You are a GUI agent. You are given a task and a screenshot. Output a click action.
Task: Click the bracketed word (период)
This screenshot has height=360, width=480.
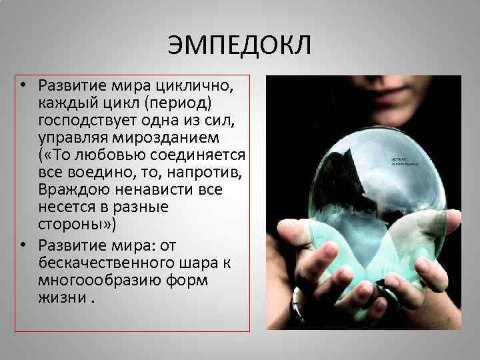tap(181, 103)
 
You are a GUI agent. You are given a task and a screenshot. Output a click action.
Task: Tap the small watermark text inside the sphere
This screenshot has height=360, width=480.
tap(404, 161)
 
